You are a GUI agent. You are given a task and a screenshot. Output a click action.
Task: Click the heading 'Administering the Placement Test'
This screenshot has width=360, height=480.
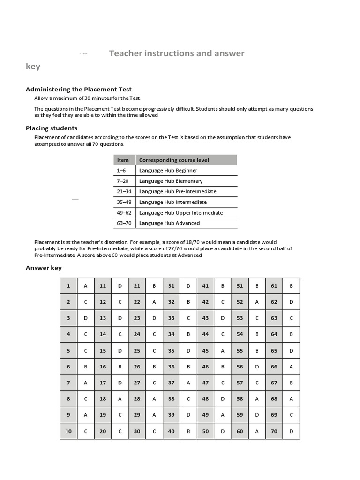click(x=78, y=89)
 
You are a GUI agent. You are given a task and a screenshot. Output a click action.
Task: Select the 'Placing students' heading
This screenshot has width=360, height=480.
click(x=52, y=128)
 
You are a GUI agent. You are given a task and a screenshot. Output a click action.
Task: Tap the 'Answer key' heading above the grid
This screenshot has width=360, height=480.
click(x=44, y=268)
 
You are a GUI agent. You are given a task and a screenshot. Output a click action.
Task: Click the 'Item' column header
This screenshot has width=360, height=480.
click(x=123, y=160)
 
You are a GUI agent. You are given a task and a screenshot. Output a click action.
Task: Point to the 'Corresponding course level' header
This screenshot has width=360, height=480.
click(x=174, y=160)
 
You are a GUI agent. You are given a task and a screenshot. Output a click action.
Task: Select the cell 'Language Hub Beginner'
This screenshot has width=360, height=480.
click(x=168, y=171)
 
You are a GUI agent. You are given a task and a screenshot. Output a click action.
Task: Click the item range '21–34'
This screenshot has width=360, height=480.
click(x=123, y=191)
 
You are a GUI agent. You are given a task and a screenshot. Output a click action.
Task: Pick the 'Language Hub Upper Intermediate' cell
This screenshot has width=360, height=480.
click(x=180, y=212)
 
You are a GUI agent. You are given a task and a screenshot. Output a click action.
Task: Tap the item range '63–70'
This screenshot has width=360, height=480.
click(x=123, y=223)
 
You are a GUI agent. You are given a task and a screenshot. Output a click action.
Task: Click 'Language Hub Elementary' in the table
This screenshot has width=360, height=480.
click(x=171, y=181)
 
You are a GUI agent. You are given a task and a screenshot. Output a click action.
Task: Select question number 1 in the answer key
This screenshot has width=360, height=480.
click(x=68, y=286)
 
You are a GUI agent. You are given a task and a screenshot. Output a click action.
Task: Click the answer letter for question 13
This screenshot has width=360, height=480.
click(x=120, y=318)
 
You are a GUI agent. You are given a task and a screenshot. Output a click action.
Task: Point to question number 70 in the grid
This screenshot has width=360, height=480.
click(x=274, y=431)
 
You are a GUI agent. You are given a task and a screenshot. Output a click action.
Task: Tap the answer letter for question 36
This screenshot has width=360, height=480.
click(x=188, y=367)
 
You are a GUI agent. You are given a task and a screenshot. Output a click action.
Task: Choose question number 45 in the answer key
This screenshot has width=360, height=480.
click(x=205, y=350)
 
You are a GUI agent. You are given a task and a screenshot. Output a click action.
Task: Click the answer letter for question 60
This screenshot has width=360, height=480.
click(x=257, y=431)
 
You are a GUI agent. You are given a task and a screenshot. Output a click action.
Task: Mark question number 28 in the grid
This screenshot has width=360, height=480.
click(x=137, y=399)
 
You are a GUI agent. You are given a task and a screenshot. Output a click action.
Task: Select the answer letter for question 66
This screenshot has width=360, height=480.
click(x=291, y=367)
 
